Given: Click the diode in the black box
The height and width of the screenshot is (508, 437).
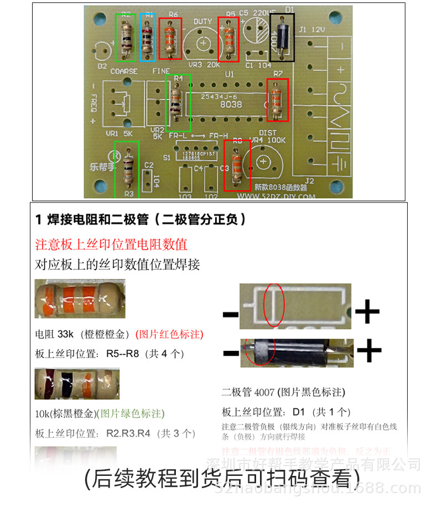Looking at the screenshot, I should pos(282,37).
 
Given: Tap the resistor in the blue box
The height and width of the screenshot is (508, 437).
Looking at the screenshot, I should pos(148,37).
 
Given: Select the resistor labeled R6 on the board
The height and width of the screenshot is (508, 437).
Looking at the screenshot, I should pos(170,38).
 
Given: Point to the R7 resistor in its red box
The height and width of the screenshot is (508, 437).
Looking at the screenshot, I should pos(277,100).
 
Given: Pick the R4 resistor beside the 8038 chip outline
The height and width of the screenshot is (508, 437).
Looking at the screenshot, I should pos(177,102).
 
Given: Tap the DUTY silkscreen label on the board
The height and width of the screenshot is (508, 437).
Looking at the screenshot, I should pos(203,22).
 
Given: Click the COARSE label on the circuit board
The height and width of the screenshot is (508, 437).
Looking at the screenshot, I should pos(124,71).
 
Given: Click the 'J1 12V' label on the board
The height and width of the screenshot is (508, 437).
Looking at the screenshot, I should pos(311,29).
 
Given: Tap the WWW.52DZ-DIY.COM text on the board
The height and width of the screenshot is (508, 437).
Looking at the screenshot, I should pos(276,196).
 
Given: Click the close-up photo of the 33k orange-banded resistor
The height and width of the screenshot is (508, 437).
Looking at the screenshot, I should pos(80,299).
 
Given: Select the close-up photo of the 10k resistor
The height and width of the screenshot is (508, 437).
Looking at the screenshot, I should pos(76,383).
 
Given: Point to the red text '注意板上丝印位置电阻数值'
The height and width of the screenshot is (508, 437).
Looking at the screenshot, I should pos(111,244).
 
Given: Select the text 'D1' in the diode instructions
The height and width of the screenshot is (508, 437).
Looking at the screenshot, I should pos(299,412).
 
